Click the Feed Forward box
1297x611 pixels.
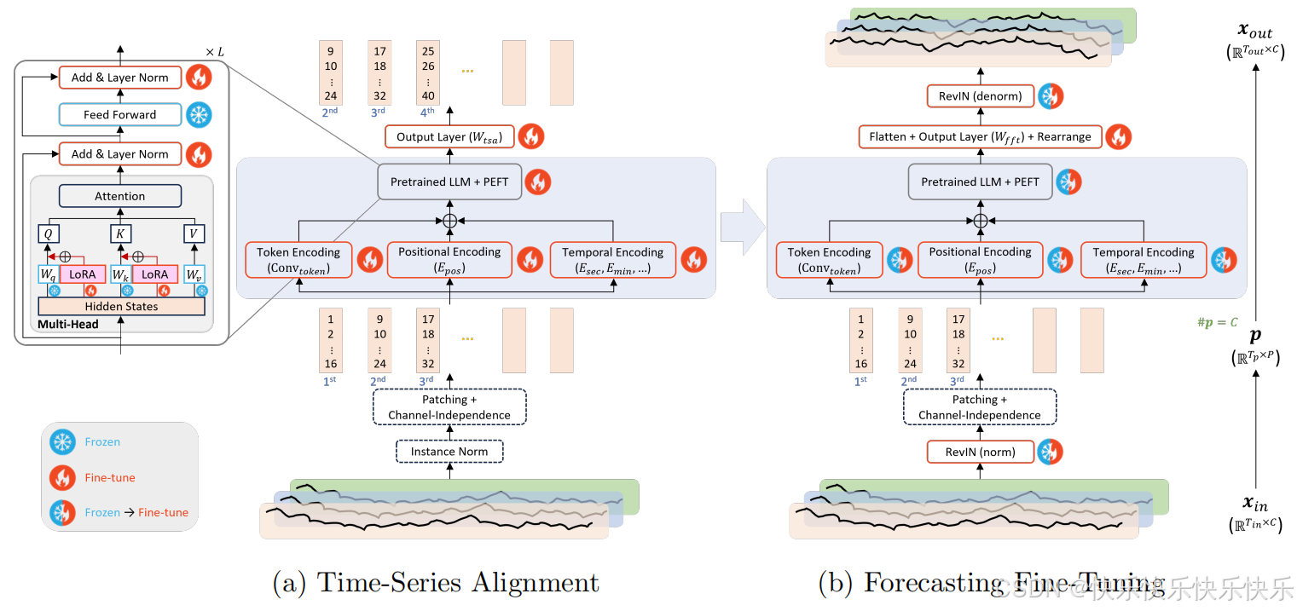coord(119,115)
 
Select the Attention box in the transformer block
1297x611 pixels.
coord(119,196)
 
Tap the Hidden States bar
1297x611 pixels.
coord(121,307)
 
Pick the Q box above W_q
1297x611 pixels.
coord(49,233)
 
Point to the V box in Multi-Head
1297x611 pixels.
coord(195,233)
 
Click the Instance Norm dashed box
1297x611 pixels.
coord(449,452)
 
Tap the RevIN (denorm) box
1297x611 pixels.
coord(980,96)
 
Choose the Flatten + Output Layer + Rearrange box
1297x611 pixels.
coord(980,136)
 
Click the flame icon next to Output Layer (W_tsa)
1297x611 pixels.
coord(530,136)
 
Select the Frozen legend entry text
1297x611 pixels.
coord(102,442)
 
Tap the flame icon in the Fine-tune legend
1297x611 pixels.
coord(62,477)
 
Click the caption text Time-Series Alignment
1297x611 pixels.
coord(458,583)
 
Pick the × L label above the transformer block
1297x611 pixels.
coord(215,52)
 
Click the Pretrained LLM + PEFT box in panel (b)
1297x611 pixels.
coord(980,182)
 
